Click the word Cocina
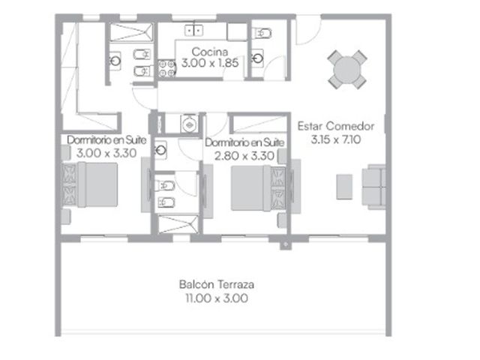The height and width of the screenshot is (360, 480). pyautogui.click(x=210, y=52)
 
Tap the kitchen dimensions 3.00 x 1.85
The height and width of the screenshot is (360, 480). pyautogui.click(x=210, y=63)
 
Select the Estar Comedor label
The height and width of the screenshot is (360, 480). pyautogui.click(x=336, y=126)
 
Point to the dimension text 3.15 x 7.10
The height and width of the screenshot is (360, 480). pyautogui.click(x=336, y=139)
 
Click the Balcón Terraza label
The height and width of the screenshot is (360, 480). pyautogui.click(x=217, y=284)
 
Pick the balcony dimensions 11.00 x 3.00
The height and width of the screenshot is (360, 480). pyautogui.click(x=217, y=298)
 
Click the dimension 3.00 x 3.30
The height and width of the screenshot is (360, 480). pyautogui.click(x=106, y=153)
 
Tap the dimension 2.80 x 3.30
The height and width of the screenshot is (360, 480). pyautogui.click(x=244, y=156)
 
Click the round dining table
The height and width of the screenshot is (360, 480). pyautogui.click(x=347, y=70)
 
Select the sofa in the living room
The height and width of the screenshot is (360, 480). pyautogui.click(x=373, y=187)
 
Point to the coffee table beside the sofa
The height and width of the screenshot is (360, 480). pyautogui.click(x=344, y=187)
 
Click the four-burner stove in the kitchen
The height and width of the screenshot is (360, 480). pyautogui.click(x=166, y=68)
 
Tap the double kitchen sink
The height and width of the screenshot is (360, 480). pyautogui.click(x=193, y=30)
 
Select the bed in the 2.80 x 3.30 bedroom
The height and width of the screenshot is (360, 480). pyautogui.click(x=259, y=188)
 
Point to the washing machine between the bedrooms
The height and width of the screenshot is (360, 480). pyautogui.click(x=189, y=124)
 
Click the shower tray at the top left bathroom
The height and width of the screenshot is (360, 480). pyautogui.click(x=131, y=32)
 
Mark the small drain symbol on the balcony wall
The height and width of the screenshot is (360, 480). pyautogui.click(x=286, y=244)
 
